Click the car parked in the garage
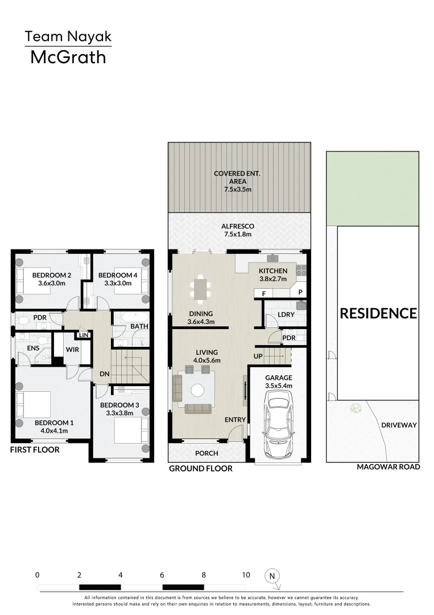[x=279, y=424]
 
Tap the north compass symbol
[x=272, y=576]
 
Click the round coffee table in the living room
[x=197, y=390]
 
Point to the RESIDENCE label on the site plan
[x=378, y=313]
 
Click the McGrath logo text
[x=68, y=58]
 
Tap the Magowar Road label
[x=388, y=467]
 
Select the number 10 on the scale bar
[x=246, y=575]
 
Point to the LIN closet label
[x=84, y=335]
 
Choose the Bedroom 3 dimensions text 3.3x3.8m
[x=119, y=413]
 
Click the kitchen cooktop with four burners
[x=301, y=270]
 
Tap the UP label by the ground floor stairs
[x=258, y=356]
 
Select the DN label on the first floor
[x=104, y=374]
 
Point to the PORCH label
[x=206, y=453]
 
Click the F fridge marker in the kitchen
[x=264, y=294]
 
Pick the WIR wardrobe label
[x=72, y=350]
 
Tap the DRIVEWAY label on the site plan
[x=399, y=425]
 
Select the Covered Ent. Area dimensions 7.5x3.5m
[x=238, y=190]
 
